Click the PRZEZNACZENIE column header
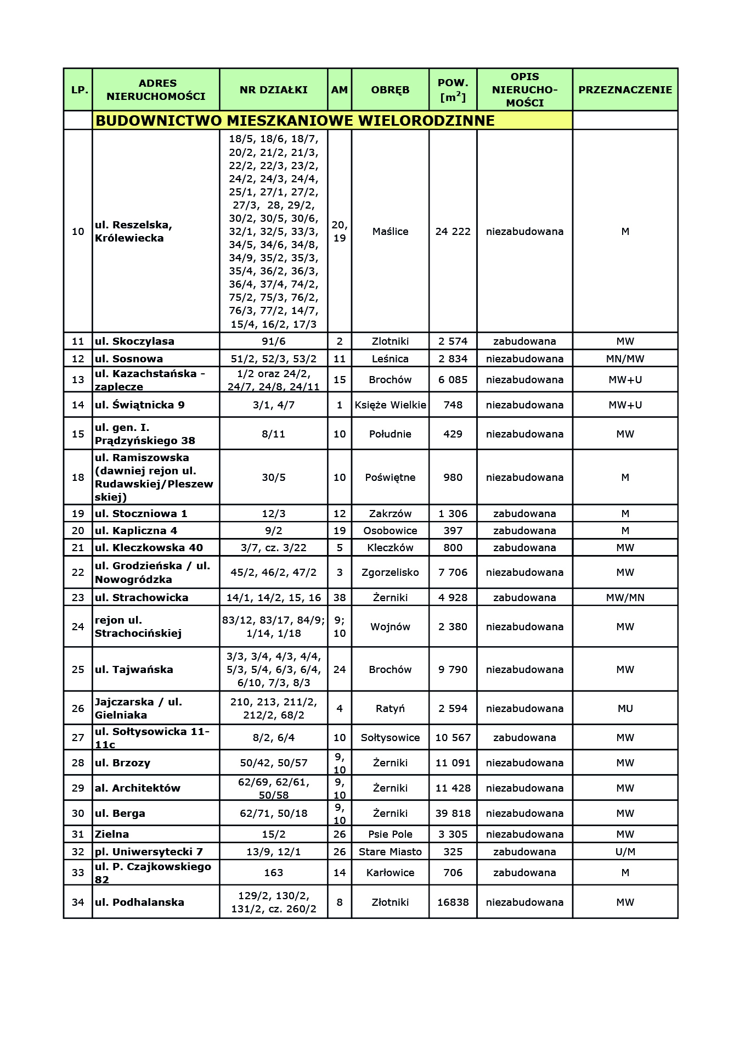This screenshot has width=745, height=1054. (x=625, y=89)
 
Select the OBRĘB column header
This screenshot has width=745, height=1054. (x=390, y=89)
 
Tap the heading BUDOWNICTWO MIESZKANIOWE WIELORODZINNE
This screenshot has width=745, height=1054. (x=295, y=121)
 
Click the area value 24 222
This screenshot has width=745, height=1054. (x=453, y=231)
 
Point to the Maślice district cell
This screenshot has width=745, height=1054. (x=390, y=231)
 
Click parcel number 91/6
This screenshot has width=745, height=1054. (x=273, y=341)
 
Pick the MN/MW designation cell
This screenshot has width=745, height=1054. (x=625, y=358)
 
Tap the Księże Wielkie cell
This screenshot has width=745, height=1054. (x=390, y=405)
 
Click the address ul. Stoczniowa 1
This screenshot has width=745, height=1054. (x=141, y=513)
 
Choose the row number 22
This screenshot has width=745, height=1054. (x=78, y=572)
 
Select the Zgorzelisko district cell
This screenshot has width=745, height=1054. (x=390, y=572)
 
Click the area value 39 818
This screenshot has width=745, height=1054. (x=453, y=813)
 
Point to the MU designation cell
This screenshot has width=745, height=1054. (x=625, y=708)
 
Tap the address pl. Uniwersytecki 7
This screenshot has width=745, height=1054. (x=149, y=851)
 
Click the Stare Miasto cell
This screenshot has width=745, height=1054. (x=390, y=851)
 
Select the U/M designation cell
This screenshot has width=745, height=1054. (x=625, y=851)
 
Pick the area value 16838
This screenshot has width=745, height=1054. (x=453, y=902)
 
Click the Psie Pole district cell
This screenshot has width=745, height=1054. (x=390, y=834)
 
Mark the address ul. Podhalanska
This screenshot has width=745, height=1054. (x=139, y=902)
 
